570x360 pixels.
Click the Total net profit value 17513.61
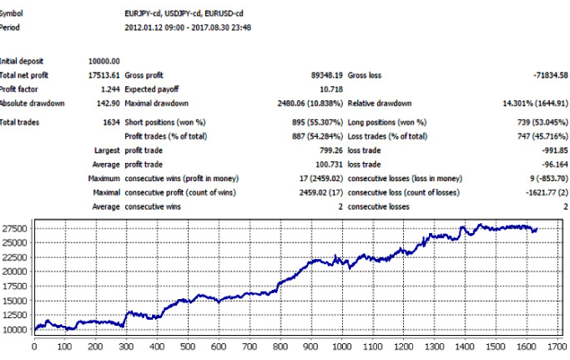pyautogui.click(x=104, y=74)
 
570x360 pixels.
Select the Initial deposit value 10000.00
pyautogui.click(x=104, y=61)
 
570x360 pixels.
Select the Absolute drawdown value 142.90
pyautogui.click(x=108, y=103)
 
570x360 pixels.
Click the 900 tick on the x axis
pyautogui.click(x=310, y=346)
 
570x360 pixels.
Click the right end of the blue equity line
pyautogui.click(x=537, y=229)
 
